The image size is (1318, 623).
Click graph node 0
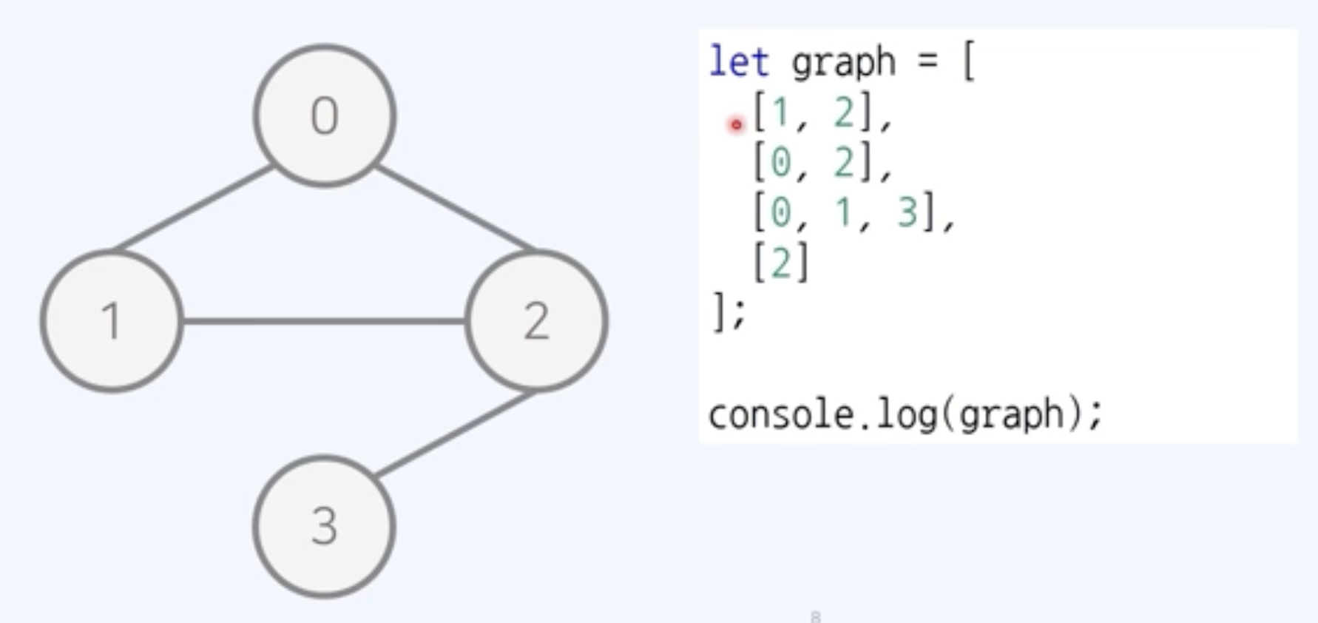pyautogui.click(x=325, y=115)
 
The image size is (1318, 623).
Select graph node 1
pyautogui.click(x=111, y=321)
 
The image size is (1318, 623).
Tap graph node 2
pyautogui.click(x=536, y=321)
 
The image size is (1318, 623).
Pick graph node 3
pyautogui.click(x=324, y=526)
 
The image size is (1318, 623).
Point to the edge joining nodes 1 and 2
pyautogui.click(x=324, y=321)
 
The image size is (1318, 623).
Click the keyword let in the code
pyautogui.click(x=738, y=61)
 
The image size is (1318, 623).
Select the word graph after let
pyautogui.click(x=843, y=63)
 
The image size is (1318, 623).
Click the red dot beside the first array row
pyautogui.click(x=736, y=125)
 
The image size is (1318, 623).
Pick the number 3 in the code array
pyautogui.click(x=907, y=213)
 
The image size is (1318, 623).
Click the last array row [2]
pyautogui.click(x=781, y=263)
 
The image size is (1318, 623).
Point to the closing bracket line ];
pyautogui.click(x=729, y=312)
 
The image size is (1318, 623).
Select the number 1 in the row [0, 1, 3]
pyautogui.click(x=843, y=213)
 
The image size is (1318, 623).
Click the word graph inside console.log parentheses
pyautogui.click(x=1011, y=415)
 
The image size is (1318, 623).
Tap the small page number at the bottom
pyautogui.click(x=816, y=616)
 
